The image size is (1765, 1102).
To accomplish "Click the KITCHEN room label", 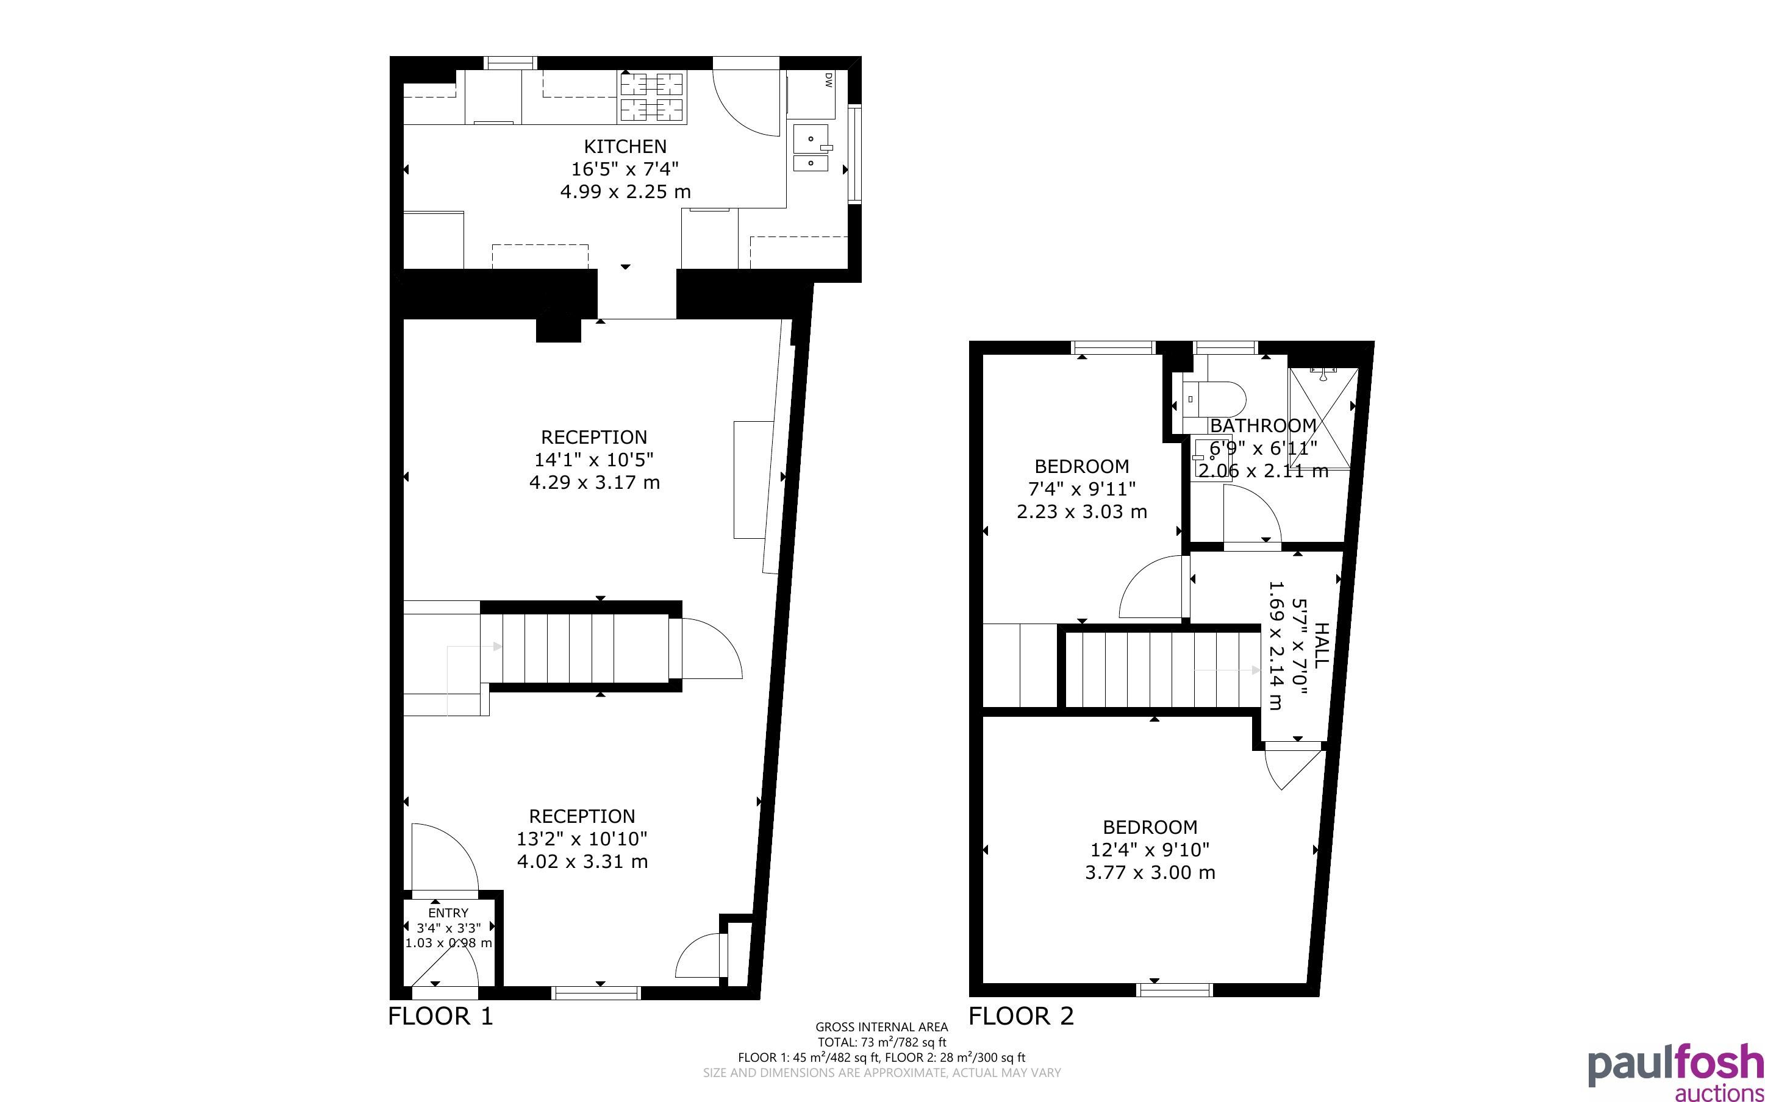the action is coord(625,146).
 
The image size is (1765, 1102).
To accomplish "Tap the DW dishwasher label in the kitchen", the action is coord(828,80).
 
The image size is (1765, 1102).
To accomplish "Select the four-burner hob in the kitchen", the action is coord(653,96).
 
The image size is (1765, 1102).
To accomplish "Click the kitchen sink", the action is coord(811,148).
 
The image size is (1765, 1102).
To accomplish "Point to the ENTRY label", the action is coord(448,912).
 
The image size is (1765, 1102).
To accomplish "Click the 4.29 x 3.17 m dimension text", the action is coord(594,483).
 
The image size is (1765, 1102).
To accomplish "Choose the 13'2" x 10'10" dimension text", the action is coord(582,838).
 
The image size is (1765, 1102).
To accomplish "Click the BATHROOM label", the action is coord(1264,425).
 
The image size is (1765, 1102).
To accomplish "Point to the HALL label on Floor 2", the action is coord(1321,644).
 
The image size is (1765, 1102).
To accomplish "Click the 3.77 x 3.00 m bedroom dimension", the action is coord(1150,872).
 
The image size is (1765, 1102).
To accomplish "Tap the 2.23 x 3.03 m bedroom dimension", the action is coord(1082,511).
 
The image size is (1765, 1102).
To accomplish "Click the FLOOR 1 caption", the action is coord(440,1016).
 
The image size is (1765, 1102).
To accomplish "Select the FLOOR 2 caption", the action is coord(1022,1016).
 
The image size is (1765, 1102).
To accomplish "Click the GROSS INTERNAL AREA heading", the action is coord(881,1027).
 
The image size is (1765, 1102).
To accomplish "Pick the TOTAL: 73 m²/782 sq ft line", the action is coord(881,1042).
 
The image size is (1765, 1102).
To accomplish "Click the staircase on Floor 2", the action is coord(1164,670).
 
